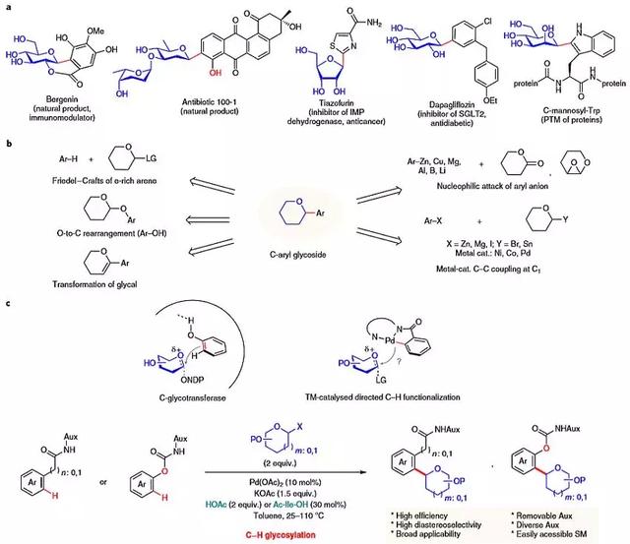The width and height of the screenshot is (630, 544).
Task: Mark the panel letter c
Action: pyautogui.click(x=9, y=301)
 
